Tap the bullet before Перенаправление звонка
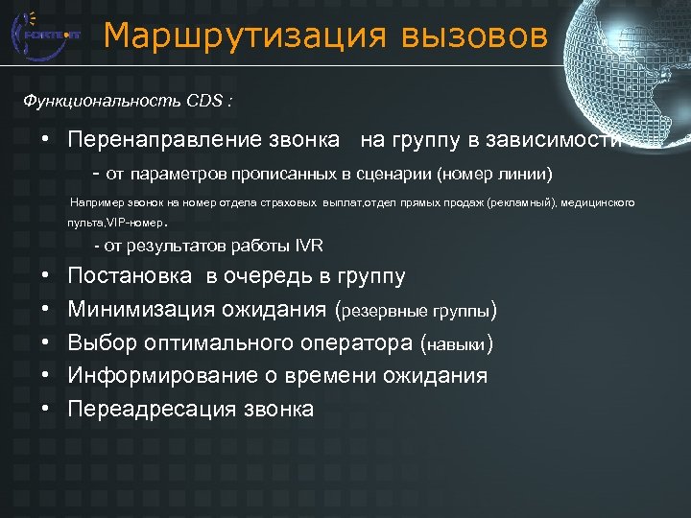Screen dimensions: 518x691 click(46, 140)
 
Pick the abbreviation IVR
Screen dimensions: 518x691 click(310, 246)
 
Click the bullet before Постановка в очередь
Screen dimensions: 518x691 click(46, 277)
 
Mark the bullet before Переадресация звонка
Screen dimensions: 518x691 click(46, 409)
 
